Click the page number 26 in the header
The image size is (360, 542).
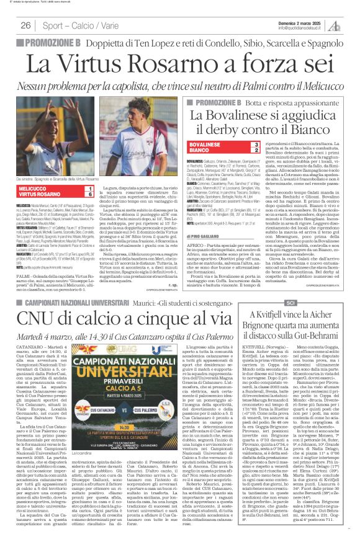[x=26, y=25]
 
